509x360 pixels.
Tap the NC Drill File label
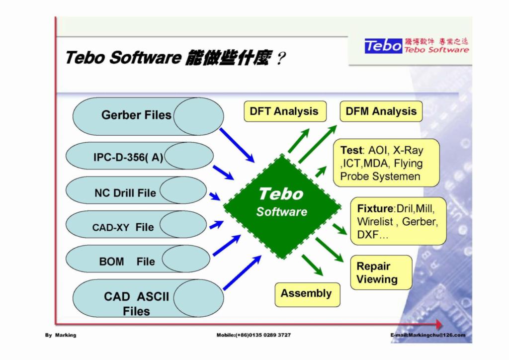[125, 193]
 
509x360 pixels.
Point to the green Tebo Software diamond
[282, 206]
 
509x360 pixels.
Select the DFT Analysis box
[284, 111]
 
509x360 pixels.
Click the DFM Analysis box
[381, 111]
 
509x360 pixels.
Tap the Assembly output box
[307, 294]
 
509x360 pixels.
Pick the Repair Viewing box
[381, 272]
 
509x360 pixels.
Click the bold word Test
[351, 150]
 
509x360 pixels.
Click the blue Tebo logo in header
[383, 46]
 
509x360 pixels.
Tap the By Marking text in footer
[61, 335]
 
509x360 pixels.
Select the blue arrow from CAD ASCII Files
[242, 273]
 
